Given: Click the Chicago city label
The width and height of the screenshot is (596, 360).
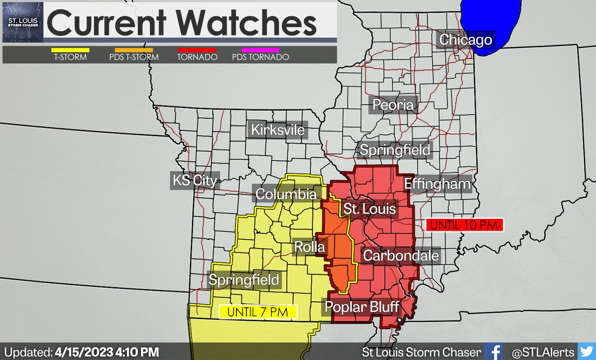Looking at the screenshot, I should (466, 40).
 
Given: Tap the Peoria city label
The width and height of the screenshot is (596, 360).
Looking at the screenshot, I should (393, 105).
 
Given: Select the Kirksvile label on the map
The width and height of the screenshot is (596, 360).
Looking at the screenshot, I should (278, 130).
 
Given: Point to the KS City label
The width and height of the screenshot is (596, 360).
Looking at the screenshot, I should (195, 180).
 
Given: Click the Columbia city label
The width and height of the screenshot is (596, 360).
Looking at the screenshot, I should (286, 194).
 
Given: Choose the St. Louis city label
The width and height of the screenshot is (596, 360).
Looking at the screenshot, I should (369, 208).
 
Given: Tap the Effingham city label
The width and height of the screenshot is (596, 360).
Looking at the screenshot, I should (437, 184).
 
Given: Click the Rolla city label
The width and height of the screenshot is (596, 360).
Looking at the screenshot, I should (309, 247).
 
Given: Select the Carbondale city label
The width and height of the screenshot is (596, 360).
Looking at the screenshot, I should (401, 256).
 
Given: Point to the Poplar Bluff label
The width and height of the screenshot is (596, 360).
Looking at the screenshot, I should (362, 307).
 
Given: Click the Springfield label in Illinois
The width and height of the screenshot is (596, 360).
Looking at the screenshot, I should (395, 150).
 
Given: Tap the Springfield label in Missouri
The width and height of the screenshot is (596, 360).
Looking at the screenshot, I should (243, 279).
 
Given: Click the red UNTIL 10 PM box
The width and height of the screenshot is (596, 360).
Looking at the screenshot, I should (464, 225).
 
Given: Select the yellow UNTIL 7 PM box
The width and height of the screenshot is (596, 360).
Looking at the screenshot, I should (258, 312).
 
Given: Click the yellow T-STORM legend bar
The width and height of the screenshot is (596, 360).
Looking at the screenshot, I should (70, 50).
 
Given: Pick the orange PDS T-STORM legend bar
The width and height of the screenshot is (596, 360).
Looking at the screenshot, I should (134, 50).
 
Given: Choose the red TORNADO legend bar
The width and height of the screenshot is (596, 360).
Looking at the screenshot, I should (197, 50).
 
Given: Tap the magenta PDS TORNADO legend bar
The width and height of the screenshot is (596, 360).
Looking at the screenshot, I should (260, 50).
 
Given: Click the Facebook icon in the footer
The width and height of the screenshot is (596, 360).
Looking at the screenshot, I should (495, 352).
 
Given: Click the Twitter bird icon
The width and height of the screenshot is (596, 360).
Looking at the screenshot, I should (586, 352).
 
